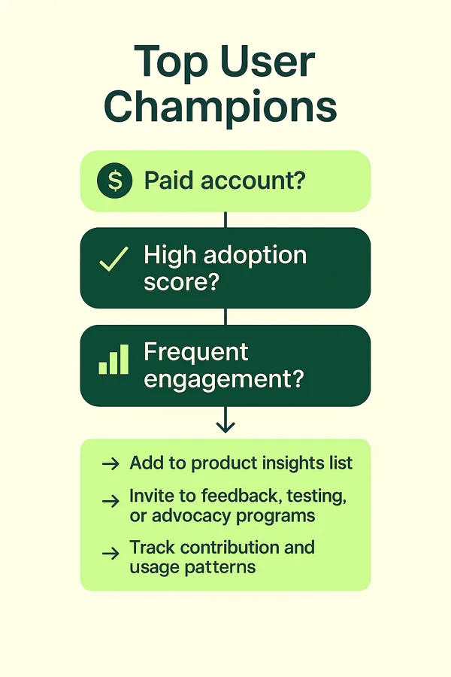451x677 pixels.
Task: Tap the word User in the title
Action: click(x=268, y=62)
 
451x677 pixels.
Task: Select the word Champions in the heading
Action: click(x=220, y=108)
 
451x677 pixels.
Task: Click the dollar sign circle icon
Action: click(x=115, y=181)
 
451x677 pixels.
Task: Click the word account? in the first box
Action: click(x=253, y=181)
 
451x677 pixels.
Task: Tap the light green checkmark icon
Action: click(x=114, y=259)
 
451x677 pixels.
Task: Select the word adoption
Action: click(x=255, y=257)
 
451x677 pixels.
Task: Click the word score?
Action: click(x=182, y=282)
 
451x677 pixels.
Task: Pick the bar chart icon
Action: click(x=114, y=360)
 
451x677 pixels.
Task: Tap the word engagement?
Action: click(x=224, y=380)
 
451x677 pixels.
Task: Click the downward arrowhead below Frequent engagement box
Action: click(x=225, y=427)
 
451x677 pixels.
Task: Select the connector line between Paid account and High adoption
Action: click(x=225, y=220)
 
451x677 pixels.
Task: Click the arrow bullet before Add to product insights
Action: click(x=111, y=464)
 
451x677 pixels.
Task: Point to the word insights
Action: click(x=293, y=463)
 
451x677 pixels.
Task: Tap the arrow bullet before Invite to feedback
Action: click(x=111, y=501)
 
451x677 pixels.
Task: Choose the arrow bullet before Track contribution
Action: click(x=111, y=554)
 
